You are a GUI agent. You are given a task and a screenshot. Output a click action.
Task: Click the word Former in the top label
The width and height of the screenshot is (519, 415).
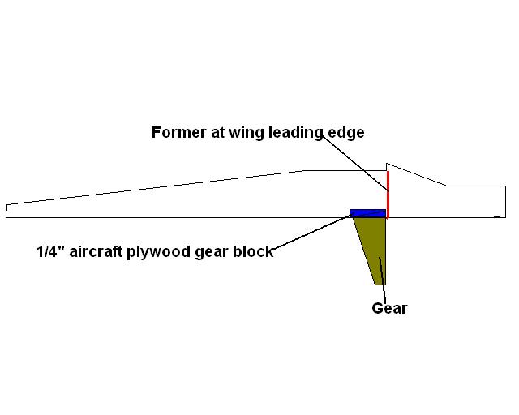tap(178, 132)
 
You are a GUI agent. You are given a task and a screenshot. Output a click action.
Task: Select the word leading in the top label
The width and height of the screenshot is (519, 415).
tap(295, 134)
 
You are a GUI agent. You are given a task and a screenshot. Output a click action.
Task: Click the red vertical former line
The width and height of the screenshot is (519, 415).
tap(388, 195)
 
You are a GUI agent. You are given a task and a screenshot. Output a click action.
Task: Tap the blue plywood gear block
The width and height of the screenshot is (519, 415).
tap(367, 213)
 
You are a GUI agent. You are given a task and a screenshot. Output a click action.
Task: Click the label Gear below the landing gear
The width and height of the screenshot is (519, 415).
tap(389, 308)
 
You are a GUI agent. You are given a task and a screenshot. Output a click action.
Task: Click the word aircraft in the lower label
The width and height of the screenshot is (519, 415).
tap(96, 251)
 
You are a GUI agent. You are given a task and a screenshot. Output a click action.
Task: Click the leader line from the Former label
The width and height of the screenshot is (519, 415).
tap(355, 163)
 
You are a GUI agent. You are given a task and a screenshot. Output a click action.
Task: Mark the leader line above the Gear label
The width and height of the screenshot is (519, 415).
tap(383, 280)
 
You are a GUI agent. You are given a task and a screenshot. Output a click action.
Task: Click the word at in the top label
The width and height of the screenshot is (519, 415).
tap(217, 133)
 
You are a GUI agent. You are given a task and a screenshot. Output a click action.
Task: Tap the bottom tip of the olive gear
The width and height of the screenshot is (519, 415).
tap(380, 285)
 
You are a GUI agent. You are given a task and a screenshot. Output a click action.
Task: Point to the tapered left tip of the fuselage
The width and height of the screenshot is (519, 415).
tap(6, 211)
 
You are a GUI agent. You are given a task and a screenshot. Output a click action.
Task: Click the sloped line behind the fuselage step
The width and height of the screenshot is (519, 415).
tap(416, 174)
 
